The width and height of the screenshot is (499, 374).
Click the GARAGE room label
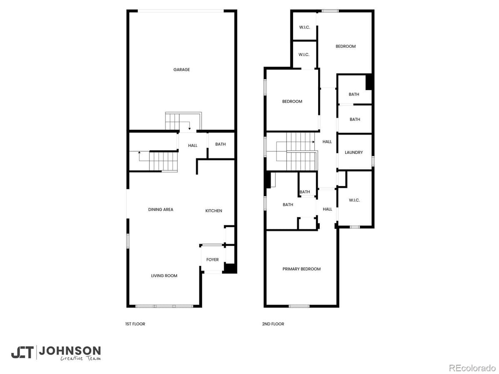point(181,70)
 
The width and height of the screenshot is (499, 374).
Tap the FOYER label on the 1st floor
point(212,260)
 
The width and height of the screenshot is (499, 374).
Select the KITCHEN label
point(214,211)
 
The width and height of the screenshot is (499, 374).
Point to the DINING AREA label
point(161,209)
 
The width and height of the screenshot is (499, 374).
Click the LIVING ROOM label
point(164,276)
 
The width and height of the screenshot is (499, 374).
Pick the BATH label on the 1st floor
point(220,144)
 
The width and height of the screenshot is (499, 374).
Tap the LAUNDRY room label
point(354,153)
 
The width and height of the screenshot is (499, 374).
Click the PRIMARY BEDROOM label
point(301,269)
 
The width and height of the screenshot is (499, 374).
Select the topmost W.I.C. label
point(304,27)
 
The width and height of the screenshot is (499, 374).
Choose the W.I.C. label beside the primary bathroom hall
point(354,200)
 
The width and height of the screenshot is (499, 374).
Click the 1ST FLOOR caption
point(135,324)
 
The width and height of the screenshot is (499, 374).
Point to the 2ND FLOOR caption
point(273,324)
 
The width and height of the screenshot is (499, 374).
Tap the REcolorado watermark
point(472,367)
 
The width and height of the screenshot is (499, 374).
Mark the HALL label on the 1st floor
point(193,145)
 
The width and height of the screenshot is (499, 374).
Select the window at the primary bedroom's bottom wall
point(299,306)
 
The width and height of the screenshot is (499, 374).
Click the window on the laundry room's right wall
point(373,161)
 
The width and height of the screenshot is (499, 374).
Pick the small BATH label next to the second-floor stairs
point(305,192)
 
